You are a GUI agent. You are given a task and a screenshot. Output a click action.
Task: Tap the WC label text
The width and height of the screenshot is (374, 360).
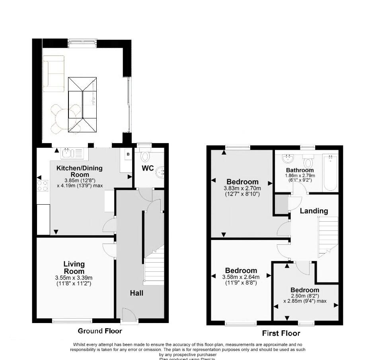tap(148, 168)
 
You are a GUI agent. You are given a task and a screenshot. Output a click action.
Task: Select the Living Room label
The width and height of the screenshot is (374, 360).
tap(74, 267)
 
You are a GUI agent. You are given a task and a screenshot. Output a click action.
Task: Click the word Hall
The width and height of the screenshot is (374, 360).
tap(136, 293)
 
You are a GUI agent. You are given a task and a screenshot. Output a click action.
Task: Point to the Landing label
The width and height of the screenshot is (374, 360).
tap(314, 211)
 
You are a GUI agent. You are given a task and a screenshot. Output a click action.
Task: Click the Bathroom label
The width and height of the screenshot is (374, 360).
tap(300, 170)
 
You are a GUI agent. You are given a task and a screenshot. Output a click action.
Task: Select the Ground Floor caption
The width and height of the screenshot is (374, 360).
tap(100, 331)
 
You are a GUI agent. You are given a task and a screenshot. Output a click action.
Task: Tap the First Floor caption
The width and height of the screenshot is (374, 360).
tap(281, 333)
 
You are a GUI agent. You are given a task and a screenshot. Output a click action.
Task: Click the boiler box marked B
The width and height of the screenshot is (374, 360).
tap(128, 154)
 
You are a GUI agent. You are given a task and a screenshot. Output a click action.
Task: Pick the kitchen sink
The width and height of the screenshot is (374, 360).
tap(72, 153)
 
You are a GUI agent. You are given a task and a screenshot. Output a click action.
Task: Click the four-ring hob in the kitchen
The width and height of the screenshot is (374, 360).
tap(43, 186)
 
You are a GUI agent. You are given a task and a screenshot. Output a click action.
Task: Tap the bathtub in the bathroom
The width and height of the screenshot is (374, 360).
tap(331, 174)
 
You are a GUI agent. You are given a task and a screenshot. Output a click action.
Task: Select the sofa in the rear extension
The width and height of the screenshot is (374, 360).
tap(53, 73)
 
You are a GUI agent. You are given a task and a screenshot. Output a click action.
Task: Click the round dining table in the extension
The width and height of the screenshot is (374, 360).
tap(65, 118)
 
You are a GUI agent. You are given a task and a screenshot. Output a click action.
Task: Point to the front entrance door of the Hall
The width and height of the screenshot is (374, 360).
tap(129, 316)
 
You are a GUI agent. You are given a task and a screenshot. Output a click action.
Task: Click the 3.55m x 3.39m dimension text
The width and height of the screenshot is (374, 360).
tap(74, 278)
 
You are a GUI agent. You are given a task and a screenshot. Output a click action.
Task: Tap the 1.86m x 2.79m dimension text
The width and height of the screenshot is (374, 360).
tap(300, 176)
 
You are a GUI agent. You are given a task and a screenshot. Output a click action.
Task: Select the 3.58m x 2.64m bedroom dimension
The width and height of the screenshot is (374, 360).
tap(241, 277)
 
